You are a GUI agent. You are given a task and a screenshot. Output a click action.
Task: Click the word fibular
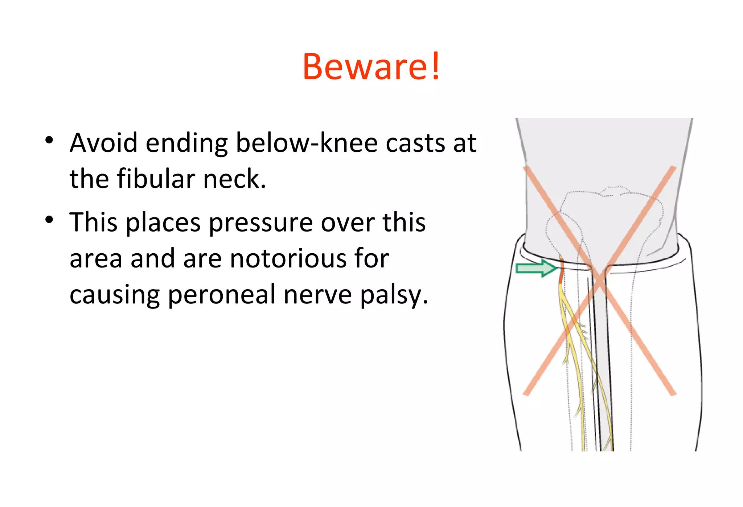click(x=156, y=179)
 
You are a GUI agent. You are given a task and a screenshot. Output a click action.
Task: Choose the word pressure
click(x=261, y=222)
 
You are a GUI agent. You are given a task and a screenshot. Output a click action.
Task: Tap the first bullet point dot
click(x=50, y=140)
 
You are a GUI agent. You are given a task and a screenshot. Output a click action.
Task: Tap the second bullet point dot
click(x=50, y=220)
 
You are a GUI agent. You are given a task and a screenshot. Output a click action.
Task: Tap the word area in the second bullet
click(x=96, y=258)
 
